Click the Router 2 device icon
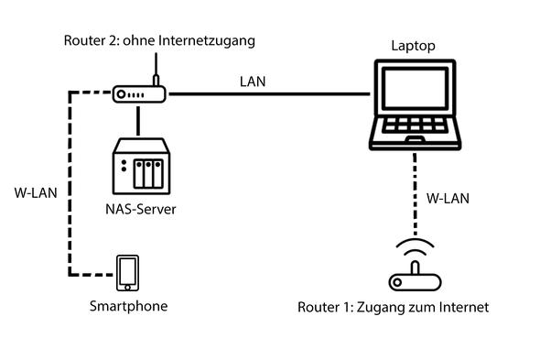click(137, 94)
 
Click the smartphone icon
click(127, 273)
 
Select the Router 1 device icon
click(414, 280)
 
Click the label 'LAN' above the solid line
click(253, 82)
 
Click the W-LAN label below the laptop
click(447, 198)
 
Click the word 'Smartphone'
click(128, 306)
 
